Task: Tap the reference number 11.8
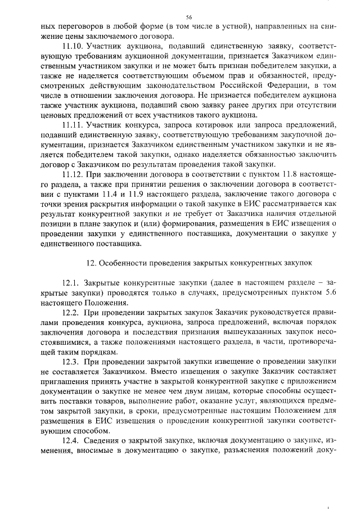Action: pyautogui.click(x=273, y=175)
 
